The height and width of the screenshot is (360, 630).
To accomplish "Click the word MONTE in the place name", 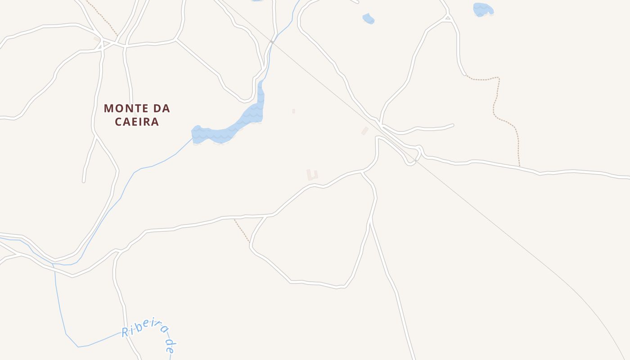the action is tap(124, 108).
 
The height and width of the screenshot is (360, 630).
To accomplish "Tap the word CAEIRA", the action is tap(137, 122).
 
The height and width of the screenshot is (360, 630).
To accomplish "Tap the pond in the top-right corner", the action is tap(483, 9).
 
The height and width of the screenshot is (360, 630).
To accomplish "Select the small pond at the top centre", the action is tap(368, 18).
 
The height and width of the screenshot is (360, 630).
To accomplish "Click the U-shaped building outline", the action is tap(312, 175).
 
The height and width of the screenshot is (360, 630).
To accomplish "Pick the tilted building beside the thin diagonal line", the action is tap(364, 131).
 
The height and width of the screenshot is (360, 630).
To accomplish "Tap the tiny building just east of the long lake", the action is tap(293, 111).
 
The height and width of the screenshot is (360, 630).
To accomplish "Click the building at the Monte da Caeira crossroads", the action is tap(97, 40).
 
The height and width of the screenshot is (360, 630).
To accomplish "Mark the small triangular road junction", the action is tap(447, 18).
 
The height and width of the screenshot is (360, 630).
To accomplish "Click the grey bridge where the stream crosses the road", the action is tap(272, 41).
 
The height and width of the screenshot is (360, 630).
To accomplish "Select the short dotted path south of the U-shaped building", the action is tap(242, 231).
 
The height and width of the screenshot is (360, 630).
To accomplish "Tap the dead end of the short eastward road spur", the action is tap(452, 125).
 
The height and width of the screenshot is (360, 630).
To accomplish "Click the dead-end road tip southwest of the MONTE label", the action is tap(84, 181).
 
